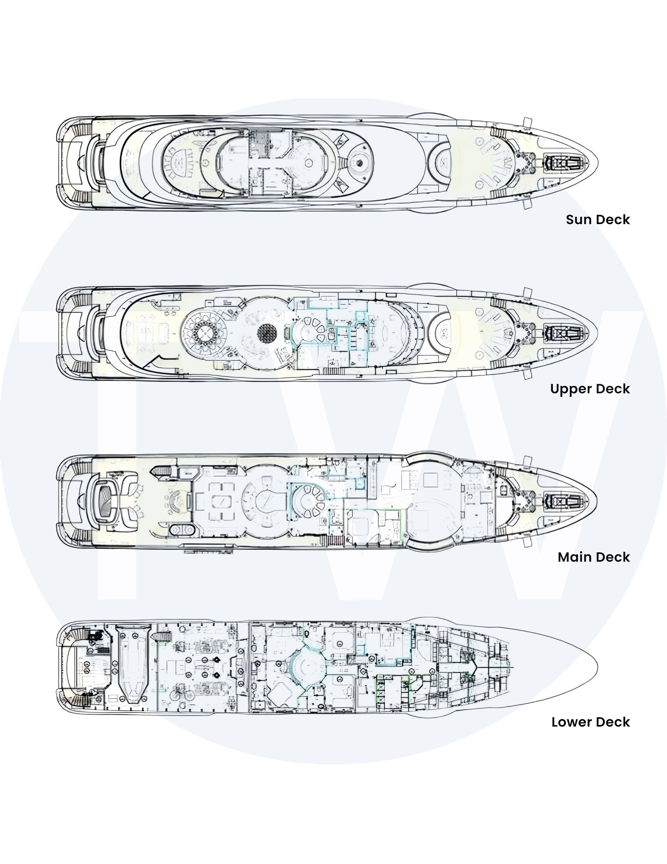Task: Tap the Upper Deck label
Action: click(590, 389)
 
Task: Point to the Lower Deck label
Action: click(591, 722)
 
